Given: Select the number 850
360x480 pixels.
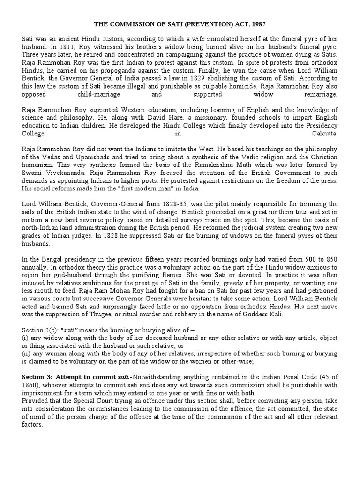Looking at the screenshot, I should (331, 260).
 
